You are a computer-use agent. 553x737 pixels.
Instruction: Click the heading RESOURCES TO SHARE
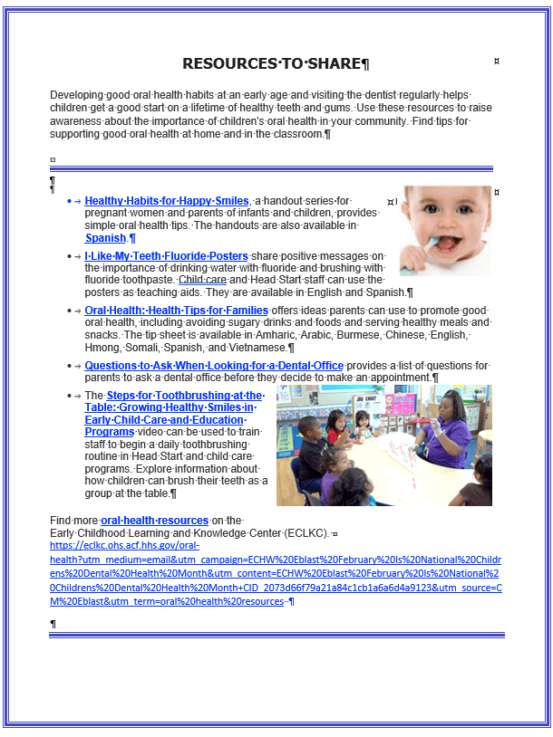(272, 63)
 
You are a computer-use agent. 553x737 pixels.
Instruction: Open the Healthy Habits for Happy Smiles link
(167, 201)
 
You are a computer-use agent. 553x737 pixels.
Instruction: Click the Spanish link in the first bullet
(105, 238)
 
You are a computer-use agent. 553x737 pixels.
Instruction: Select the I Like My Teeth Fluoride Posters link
(167, 256)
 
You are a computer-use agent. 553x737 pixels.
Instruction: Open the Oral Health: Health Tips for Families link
(177, 311)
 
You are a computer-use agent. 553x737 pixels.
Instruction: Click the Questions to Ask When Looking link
(214, 366)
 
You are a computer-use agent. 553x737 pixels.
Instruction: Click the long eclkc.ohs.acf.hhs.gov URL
(272, 573)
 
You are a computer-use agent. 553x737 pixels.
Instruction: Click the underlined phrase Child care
(202, 280)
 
